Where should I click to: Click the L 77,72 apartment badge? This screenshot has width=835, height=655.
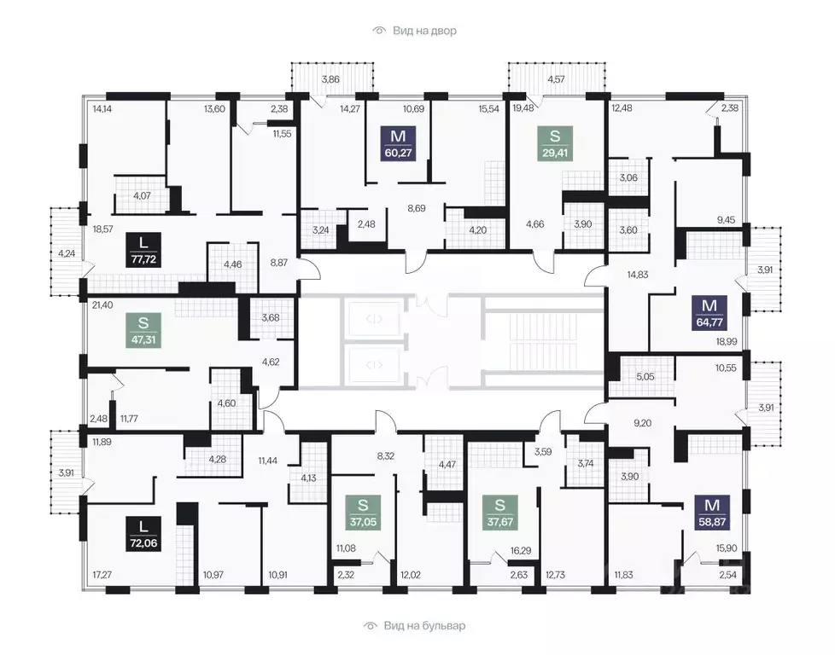[x=143, y=250]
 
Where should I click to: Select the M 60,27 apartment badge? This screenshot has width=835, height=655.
[x=399, y=143]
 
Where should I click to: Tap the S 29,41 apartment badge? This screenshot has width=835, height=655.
[x=555, y=143]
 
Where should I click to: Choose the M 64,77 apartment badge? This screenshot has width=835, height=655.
[x=709, y=313]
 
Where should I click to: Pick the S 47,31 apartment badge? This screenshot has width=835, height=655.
[x=143, y=330]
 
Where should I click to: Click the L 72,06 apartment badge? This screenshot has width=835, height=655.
[x=143, y=534]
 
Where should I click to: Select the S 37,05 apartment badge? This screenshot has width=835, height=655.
[x=363, y=513]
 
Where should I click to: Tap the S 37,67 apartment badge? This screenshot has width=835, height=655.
[x=499, y=513]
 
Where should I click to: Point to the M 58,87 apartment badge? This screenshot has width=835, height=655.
[x=713, y=513]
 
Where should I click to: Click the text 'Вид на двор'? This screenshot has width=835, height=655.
[x=424, y=31]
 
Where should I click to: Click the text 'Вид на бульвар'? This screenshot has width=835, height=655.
[x=424, y=626]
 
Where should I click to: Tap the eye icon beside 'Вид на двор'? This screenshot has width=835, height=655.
[x=378, y=31]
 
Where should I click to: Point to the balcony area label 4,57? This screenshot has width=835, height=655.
[x=556, y=79]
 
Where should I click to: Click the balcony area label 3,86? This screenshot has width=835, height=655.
[x=330, y=79]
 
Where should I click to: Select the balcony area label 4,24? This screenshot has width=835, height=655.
[x=66, y=253]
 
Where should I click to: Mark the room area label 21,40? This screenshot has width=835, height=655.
[x=102, y=304]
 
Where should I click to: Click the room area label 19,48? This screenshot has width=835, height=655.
[x=523, y=108]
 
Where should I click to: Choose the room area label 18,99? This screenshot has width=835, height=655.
[x=727, y=342]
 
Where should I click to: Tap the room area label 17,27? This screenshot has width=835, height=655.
[x=102, y=575]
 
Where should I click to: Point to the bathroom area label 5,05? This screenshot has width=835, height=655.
[x=645, y=376]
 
